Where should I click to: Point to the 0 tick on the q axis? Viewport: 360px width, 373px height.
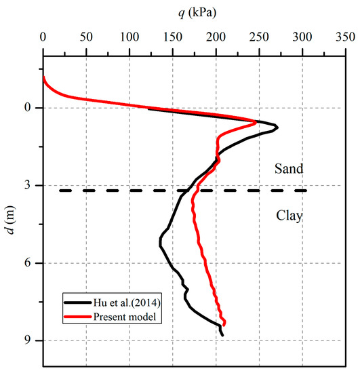click(43, 38)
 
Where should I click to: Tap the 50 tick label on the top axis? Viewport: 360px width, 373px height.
click(86, 38)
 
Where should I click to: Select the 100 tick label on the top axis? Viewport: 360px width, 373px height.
click(129, 38)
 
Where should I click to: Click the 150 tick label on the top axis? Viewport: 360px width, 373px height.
click(173, 38)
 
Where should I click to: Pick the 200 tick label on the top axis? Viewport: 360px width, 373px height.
click(216, 38)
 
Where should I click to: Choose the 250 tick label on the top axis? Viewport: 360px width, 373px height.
click(259, 38)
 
